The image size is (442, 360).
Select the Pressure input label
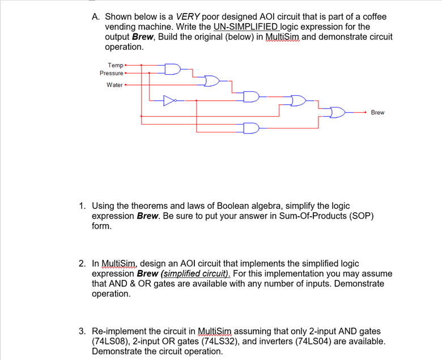(x=111, y=73)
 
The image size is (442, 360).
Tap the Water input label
(x=114, y=85)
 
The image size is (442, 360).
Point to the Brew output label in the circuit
(x=377, y=113)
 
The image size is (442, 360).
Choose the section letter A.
(x=95, y=17)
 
